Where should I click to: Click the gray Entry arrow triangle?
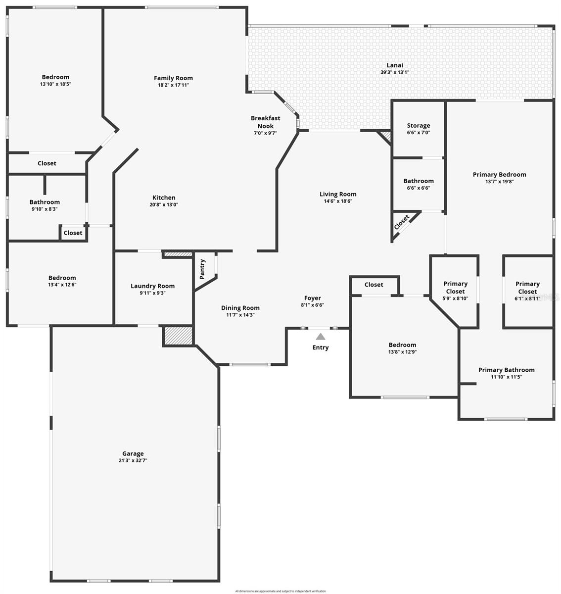pyautogui.click(x=321, y=337)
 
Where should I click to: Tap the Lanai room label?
pyautogui.click(x=395, y=65)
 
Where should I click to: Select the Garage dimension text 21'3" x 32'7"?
pyautogui.click(x=133, y=460)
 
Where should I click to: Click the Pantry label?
pyautogui.click(x=202, y=269)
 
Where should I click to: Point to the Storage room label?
pyautogui.click(x=419, y=126)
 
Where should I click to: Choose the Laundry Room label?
pyautogui.click(x=152, y=286)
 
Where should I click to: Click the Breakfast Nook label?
pyautogui.click(x=266, y=122)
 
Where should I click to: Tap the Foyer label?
pyautogui.click(x=313, y=298)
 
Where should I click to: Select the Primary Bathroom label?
pyautogui.click(x=506, y=370)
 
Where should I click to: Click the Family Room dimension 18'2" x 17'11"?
pyautogui.click(x=173, y=85)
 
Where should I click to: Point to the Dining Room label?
pyautogui.click(x=240, y=308)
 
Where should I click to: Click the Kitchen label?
pyautogui.click(x=164, y=198)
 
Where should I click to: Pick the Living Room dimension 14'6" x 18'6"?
pyautogui.click(x=338, y=201)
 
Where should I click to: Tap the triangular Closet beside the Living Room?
pyautogui.click(x=402, y=222)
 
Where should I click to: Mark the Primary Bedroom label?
pyautogui.click(x=499, y=174)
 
